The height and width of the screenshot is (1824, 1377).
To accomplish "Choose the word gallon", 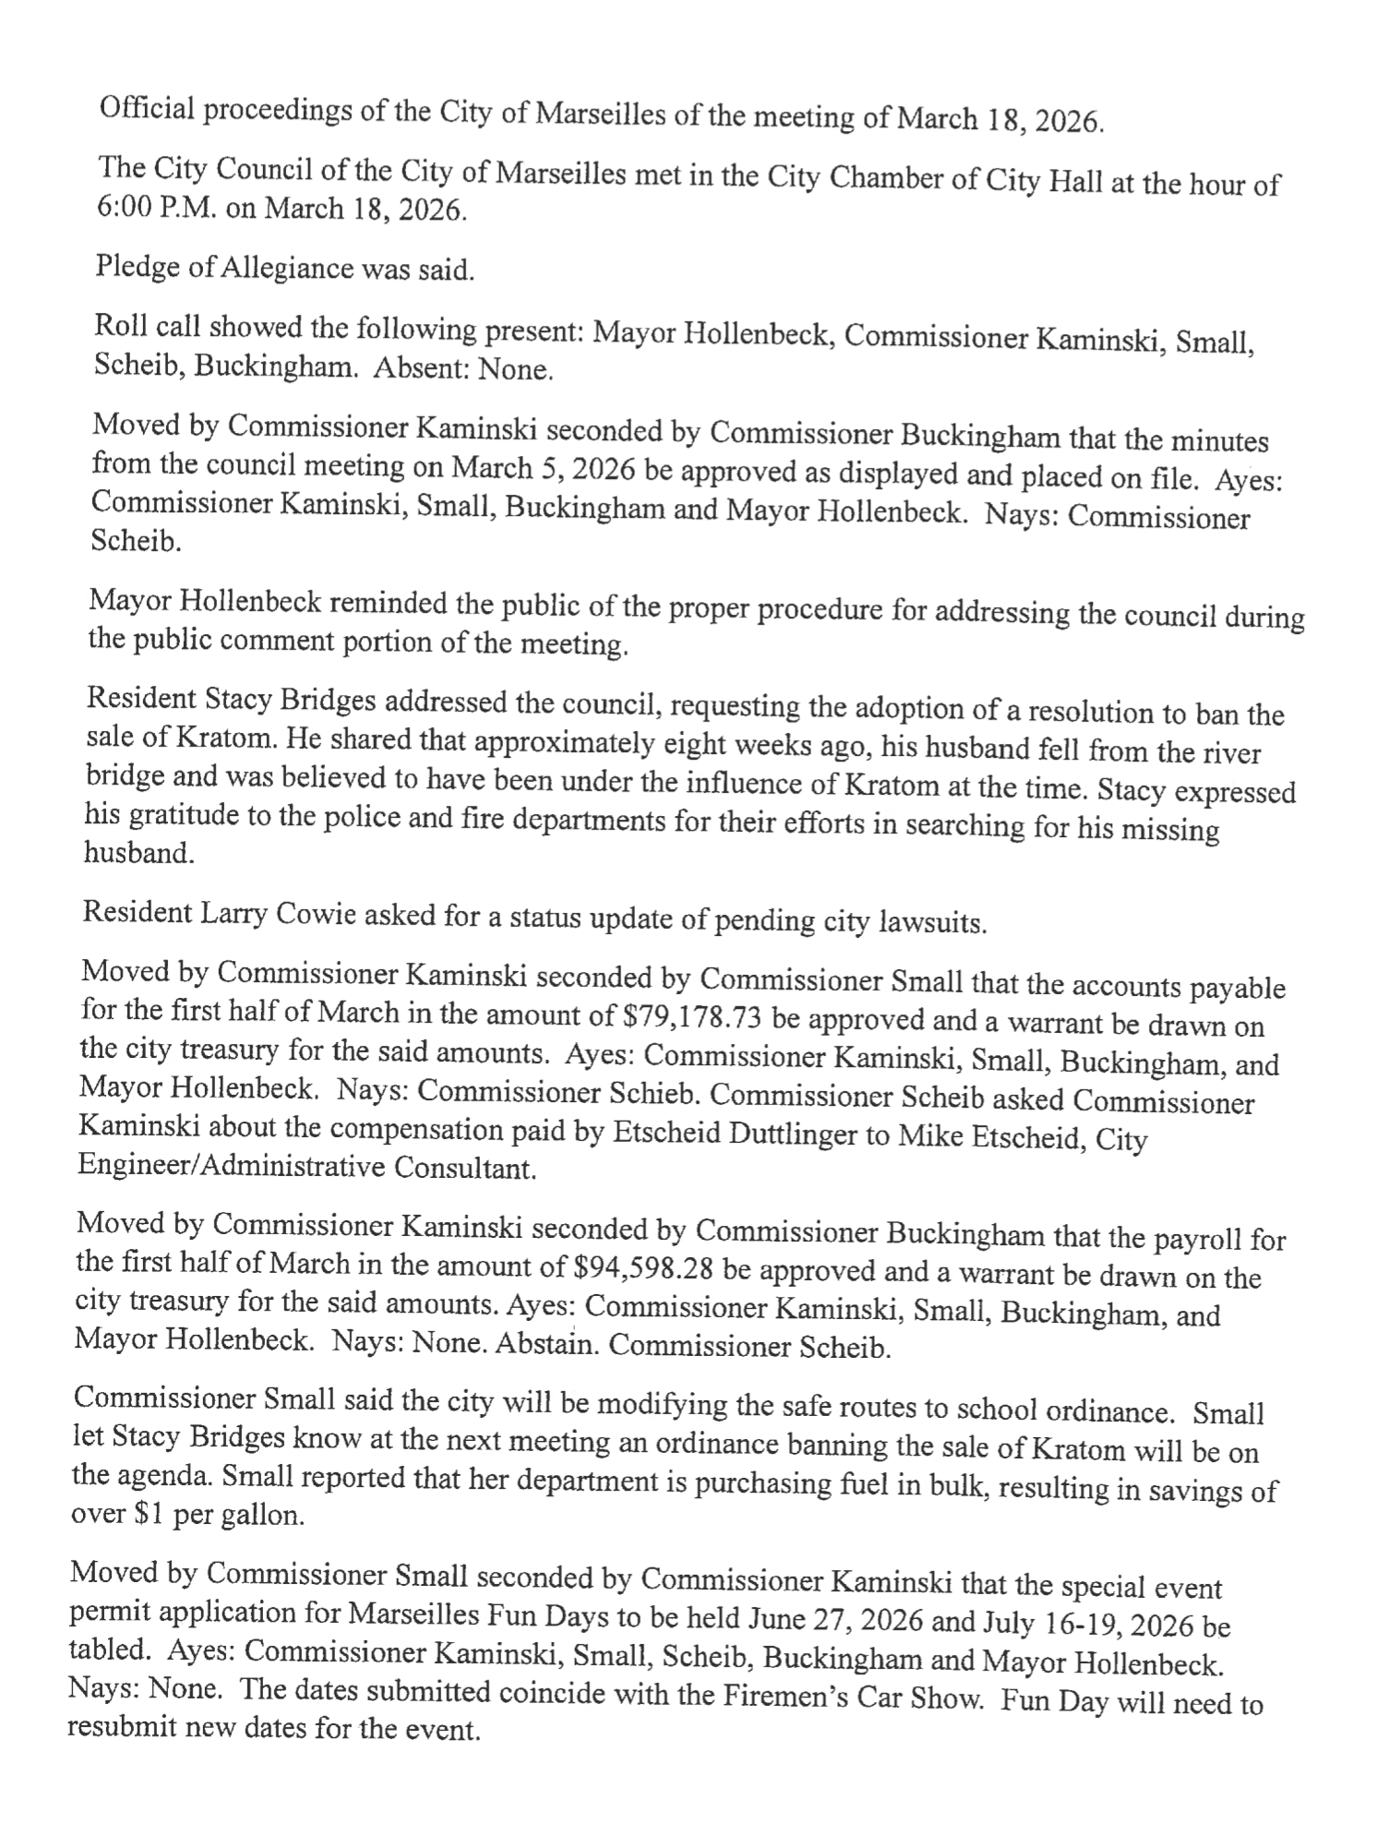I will tap(259, 1517).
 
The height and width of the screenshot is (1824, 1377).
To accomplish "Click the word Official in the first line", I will tap(147, 110).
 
